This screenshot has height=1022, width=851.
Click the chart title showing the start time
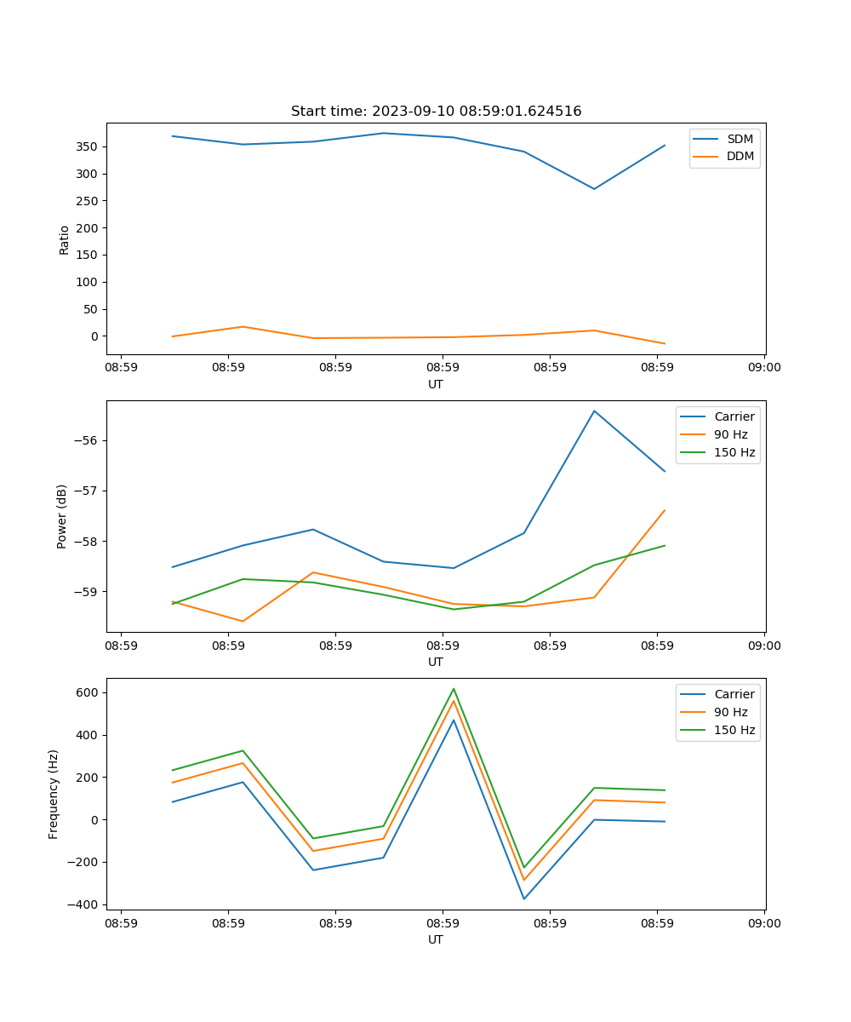(436, 112)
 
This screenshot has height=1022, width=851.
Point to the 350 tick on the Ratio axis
(88, 146)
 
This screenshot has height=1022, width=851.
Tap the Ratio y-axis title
(64, 239)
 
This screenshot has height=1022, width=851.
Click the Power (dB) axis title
(62, 516)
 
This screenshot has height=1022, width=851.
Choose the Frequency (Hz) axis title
(54, 794)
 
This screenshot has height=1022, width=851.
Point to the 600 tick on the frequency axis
(88, 692)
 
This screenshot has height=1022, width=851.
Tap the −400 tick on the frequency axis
(83, 904)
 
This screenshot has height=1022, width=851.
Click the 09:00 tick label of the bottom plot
(764, 922)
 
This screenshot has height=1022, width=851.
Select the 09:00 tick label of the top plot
(764, 367)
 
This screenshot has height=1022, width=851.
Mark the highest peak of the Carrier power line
(594, 411)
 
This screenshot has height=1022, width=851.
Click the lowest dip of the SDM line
(594, 189)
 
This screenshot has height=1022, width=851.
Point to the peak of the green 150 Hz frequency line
(454, 688)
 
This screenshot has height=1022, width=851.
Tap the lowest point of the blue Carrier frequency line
(524, 899)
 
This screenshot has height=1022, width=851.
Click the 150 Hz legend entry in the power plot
(734, 452)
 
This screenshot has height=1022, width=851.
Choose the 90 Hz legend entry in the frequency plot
(733, 712)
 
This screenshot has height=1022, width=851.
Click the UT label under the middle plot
(436, 662)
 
